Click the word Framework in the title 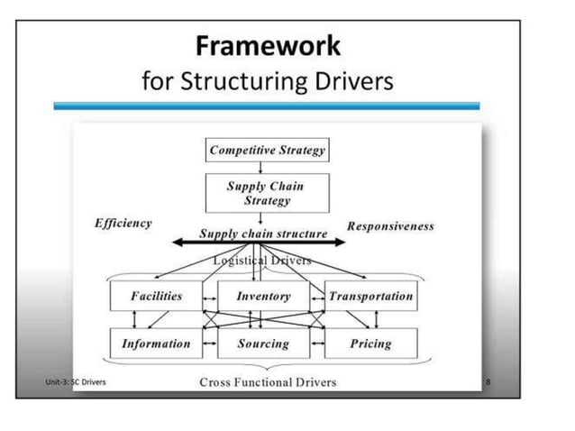268,45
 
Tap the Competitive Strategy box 267,150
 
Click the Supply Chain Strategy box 265,193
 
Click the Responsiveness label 390,226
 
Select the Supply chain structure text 263,234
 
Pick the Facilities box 156,296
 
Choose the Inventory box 263,296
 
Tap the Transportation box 370,296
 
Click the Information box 156,344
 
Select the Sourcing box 263,344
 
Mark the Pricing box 370,344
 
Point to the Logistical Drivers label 262,261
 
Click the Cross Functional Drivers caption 268,382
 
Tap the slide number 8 488,382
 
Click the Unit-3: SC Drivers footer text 75,382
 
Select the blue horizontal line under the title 267,106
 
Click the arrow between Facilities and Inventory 210,296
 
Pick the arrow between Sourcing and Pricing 317,344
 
